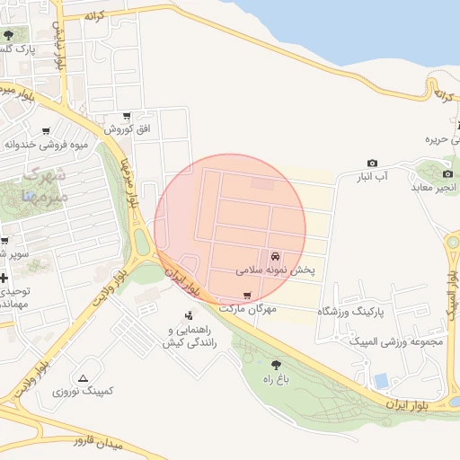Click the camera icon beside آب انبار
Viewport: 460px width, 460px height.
click(x=372, y=163)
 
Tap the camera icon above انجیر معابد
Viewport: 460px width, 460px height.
click(x=447, y=173)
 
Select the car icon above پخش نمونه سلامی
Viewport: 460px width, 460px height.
click(x=274, y=255)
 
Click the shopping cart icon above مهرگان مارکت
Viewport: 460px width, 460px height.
click(x=247, y=295)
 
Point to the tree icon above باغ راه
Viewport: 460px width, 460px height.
click(x=276, y=364)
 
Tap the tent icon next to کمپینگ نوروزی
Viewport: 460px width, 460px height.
click(x=84, y=378)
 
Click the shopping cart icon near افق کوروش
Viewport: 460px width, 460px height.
click(x=127, y=116)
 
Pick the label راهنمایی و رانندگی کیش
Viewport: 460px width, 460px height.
click(x=189, y=336)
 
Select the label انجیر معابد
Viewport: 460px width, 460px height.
click(x=435, y=187)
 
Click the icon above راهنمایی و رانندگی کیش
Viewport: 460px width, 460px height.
click(x=189, y=315)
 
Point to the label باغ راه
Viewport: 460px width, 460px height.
click(x=276, y=379)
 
